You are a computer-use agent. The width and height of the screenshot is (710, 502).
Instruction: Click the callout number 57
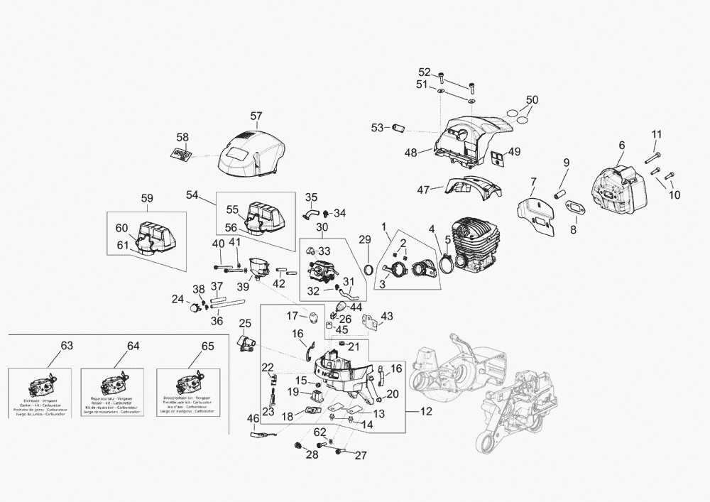tap(256, 116)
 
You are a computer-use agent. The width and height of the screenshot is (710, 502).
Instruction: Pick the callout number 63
tap(67, 346)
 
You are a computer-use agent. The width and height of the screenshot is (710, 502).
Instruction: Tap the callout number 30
tap(322, 228)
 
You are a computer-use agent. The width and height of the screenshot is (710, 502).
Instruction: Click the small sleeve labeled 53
tap(398, 128)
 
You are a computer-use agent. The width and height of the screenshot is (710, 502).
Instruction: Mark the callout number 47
tap(424, 190)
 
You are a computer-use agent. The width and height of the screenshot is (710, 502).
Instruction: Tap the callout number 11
tap(657, 134)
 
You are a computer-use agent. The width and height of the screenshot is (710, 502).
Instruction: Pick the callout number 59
tap(147, 199)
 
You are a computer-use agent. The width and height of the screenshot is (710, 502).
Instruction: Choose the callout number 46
tap(253, 419)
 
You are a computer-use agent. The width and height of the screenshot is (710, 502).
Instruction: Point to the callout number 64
tap(133, 346)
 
